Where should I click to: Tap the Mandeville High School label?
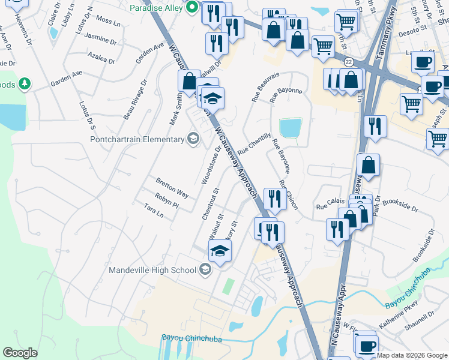[x=152, y=270]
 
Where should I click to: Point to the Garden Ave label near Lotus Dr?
[x=66, y=77]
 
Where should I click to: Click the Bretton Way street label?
[x=172, y=188]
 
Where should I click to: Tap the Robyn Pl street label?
[x=167, y=200]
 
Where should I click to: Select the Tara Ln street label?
[x=154, y=210]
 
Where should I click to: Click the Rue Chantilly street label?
[x=255, y=144]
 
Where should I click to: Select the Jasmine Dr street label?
[x=101, y=40]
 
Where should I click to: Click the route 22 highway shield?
[x=348, y=62]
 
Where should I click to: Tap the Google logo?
[x=20, y=352]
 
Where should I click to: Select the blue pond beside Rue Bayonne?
[x=290, y=127]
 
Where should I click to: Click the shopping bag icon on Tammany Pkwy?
[x=367, y=166]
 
